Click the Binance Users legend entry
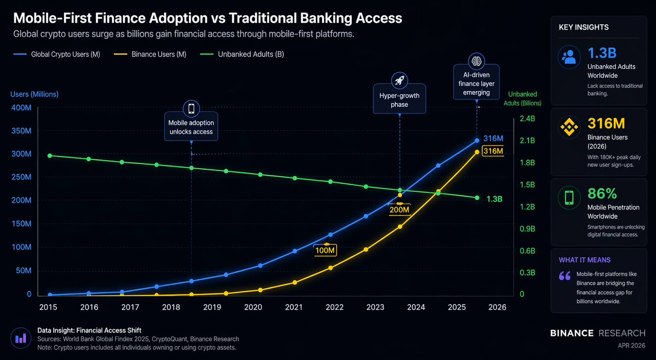click(150, 54)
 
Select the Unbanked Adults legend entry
click(242, 54)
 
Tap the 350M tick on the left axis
click(21, 131)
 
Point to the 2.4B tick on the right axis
click(527, 119)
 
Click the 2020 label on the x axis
click(253, 307)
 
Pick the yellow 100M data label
click(325, 250)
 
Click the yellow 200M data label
click(399, 210)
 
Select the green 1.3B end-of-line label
click(494, 199)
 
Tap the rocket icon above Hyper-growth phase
click(400, 80)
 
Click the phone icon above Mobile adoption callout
click(191, 109)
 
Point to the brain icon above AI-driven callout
click(476, 61)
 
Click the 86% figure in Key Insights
click(602, 193)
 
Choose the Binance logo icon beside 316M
click(569, 127)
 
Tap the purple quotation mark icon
click(565, 276)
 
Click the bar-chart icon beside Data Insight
click(20, 338)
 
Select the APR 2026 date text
click(631, 346)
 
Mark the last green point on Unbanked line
click(477, 198)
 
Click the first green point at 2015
click(50, 156)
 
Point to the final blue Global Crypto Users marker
click(477, 140)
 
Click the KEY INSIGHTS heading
click(583, 27)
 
